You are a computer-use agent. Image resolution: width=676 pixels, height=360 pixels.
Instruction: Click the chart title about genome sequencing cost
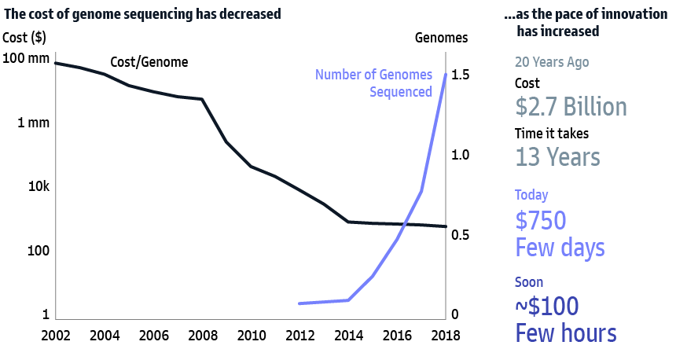142,13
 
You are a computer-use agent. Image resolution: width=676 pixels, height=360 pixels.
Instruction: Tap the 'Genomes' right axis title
441,38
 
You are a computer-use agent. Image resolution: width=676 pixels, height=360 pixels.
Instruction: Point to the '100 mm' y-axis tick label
26,58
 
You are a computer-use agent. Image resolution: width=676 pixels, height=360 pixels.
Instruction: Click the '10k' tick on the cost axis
37,187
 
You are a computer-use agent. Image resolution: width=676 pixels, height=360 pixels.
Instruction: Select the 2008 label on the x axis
202,335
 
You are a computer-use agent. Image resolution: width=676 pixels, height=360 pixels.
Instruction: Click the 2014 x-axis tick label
349,335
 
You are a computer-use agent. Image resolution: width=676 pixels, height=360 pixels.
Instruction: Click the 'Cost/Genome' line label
149,62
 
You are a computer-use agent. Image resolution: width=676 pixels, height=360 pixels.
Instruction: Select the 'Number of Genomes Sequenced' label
373,83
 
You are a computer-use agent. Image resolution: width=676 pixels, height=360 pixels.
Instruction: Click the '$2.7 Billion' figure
571,107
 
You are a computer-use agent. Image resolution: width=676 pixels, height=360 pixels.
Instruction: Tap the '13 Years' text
557,157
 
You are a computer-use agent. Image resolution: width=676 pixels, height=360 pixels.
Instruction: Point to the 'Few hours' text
565,332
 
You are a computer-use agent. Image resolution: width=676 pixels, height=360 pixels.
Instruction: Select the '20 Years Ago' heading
551,62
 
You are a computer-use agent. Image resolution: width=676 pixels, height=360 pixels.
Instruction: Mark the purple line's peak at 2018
446,75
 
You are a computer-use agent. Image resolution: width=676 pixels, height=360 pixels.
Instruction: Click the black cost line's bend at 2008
202,99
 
